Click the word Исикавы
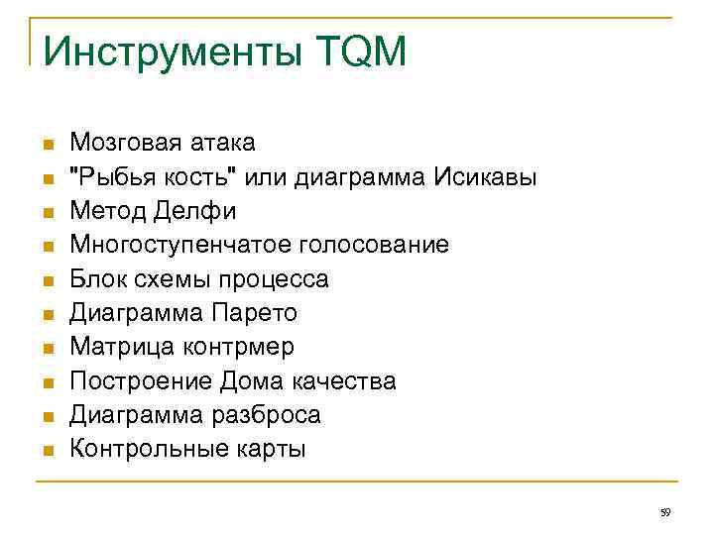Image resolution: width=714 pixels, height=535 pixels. (485, 177)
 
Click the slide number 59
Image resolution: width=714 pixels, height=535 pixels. (665, 512)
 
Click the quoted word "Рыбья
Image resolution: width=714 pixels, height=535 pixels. (102, 177)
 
